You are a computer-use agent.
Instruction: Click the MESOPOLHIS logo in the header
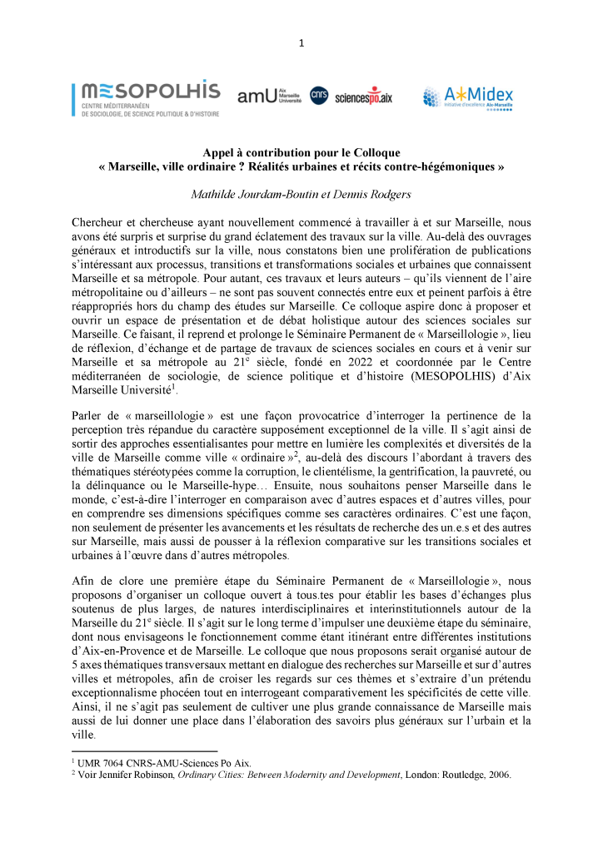point(146,98)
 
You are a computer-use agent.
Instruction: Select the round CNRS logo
point(319,97)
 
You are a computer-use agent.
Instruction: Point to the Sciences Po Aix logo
point(363,97)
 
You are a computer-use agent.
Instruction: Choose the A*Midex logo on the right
point(467,97)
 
